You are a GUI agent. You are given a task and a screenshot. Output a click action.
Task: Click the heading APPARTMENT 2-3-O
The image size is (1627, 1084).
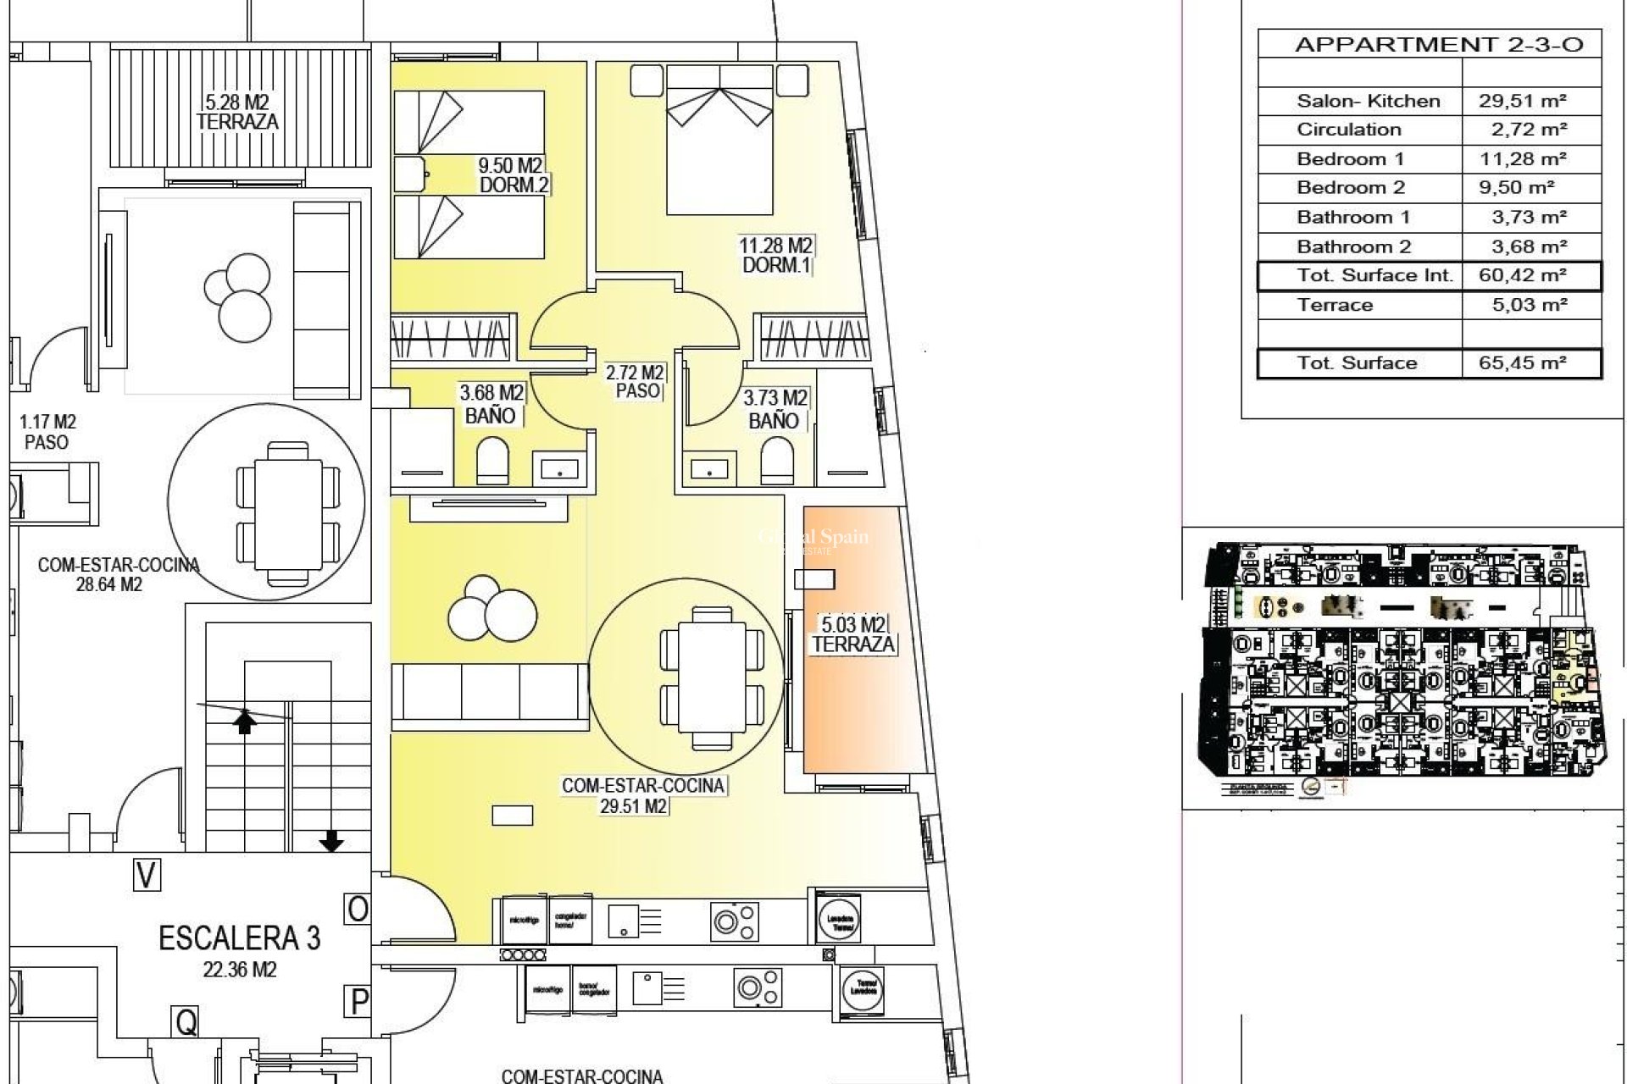1438,45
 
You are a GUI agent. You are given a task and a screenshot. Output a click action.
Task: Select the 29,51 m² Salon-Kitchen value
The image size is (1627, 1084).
1523,101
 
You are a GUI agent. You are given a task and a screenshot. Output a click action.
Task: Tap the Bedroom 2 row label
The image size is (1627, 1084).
1351,188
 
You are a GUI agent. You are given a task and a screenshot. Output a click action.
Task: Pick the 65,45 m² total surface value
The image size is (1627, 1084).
1523,363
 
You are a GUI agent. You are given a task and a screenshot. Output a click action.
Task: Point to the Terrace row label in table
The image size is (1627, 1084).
1335,305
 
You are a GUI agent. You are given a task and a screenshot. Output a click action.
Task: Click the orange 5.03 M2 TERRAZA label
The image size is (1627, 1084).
853,634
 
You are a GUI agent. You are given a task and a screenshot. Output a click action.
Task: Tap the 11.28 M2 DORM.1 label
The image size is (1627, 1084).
776,255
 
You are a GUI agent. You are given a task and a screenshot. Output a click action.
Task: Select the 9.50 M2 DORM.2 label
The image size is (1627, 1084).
511,174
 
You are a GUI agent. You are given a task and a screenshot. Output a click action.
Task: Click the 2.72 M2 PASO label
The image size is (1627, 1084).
636,381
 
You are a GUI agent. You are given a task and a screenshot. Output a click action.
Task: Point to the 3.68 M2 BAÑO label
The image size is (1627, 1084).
491,404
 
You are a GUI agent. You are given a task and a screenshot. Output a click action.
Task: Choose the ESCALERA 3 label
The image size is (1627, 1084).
240,938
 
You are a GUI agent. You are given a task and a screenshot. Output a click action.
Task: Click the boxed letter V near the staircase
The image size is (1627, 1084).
147,875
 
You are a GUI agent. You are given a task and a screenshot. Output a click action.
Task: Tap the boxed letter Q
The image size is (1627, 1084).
185,1022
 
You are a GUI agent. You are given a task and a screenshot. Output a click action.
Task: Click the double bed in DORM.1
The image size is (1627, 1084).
720,140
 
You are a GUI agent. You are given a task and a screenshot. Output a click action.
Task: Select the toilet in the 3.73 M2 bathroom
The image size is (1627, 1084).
776,464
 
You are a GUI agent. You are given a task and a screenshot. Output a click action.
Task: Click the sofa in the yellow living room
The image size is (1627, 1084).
490,694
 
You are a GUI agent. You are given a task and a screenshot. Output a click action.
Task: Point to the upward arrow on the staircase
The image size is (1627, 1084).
245,722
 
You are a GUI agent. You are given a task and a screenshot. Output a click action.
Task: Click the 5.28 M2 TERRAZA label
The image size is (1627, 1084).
237,112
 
